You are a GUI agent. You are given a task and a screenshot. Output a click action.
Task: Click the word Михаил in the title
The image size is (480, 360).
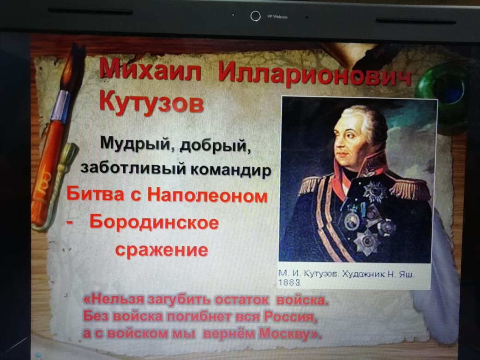150,69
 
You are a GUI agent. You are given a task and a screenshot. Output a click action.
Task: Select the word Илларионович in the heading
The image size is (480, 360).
314,75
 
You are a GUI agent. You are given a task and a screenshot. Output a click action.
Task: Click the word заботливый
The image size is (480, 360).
133,168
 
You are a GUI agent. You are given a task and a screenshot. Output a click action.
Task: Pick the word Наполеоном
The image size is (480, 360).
208,195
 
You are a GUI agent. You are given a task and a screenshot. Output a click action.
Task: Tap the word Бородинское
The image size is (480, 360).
154,222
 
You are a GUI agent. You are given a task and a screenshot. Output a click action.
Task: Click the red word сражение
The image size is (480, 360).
162,250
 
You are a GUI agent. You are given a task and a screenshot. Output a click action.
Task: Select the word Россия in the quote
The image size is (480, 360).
290,316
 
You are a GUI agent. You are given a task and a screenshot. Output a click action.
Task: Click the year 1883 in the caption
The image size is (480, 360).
289,282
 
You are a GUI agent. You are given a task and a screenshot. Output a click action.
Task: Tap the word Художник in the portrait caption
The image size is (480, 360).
363,274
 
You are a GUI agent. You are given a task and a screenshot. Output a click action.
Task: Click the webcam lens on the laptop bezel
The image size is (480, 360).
255,16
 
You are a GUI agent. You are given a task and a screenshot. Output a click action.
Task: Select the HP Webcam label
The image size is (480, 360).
277,17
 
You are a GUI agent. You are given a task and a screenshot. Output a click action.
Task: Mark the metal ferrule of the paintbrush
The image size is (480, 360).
60,106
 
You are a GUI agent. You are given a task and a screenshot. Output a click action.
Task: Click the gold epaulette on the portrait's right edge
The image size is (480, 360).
409,188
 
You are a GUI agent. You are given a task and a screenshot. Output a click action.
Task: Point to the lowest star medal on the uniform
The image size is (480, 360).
366,242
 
